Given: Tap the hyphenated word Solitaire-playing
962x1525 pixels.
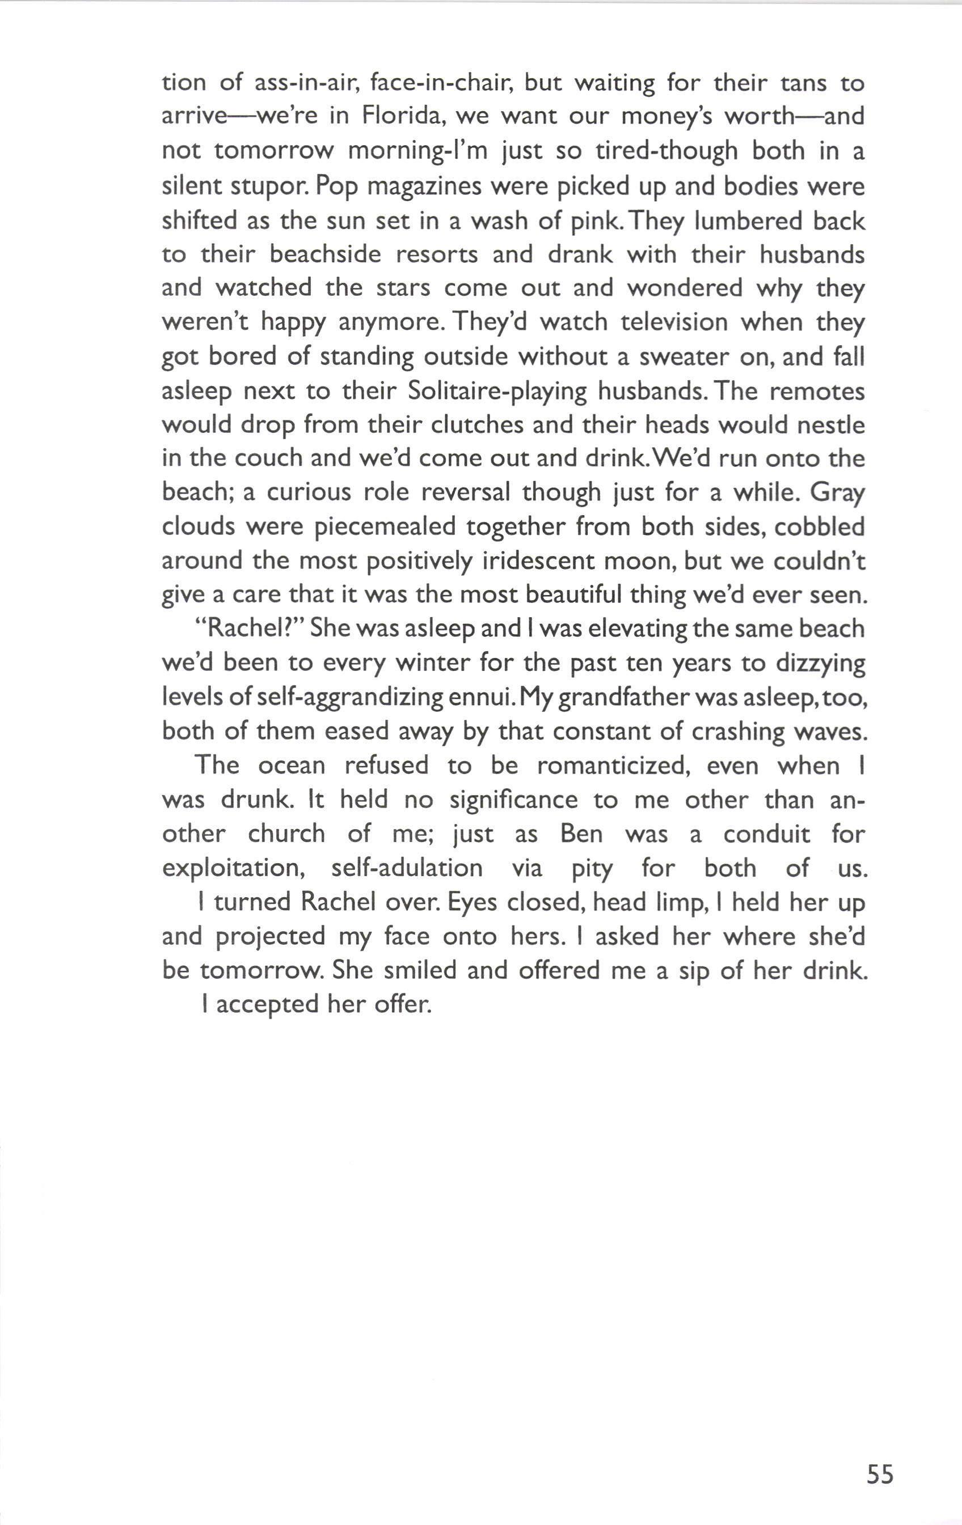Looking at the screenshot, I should click(x=497, y=392).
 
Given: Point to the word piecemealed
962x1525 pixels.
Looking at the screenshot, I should click(x=385, y=527).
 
